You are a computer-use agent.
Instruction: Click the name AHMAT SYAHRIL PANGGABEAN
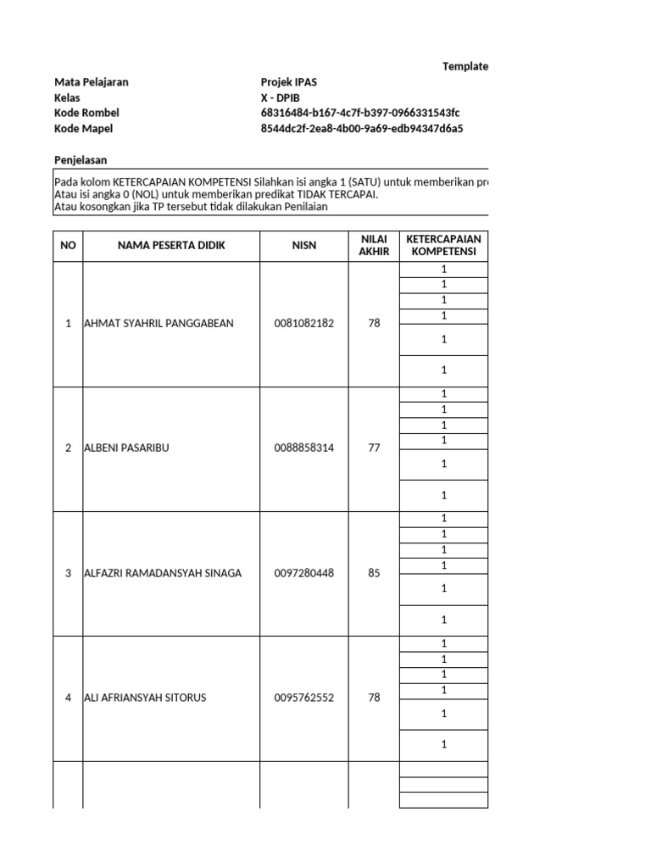[x=159, y=323]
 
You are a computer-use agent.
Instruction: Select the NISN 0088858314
[x=304, y=448]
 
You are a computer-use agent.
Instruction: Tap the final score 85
[x=375, y=573]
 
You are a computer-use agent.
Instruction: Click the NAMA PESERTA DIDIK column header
[x=172, y=246]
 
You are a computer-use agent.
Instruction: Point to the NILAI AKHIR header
[x=374, y=246]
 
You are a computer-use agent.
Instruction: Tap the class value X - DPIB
[x=281, y=97]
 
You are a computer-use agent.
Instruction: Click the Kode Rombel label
[x=86, y=113]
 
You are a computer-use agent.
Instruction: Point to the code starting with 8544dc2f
[x=362, y=129]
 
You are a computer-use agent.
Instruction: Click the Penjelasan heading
[x=81, y=160]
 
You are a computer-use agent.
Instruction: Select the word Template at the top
[x=465, y=66]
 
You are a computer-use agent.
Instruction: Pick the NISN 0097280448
[x=304, y=573]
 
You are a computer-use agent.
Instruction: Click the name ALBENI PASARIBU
[x=126, y=448]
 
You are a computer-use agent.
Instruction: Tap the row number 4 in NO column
[x=68, y=698]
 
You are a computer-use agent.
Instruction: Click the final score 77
[x=375, y=448]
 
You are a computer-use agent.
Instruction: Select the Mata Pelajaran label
[x=92, y=82]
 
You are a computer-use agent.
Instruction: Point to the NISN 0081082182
[x=304, y=323]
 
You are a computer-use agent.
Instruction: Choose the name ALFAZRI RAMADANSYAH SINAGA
[x=163, y=573]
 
